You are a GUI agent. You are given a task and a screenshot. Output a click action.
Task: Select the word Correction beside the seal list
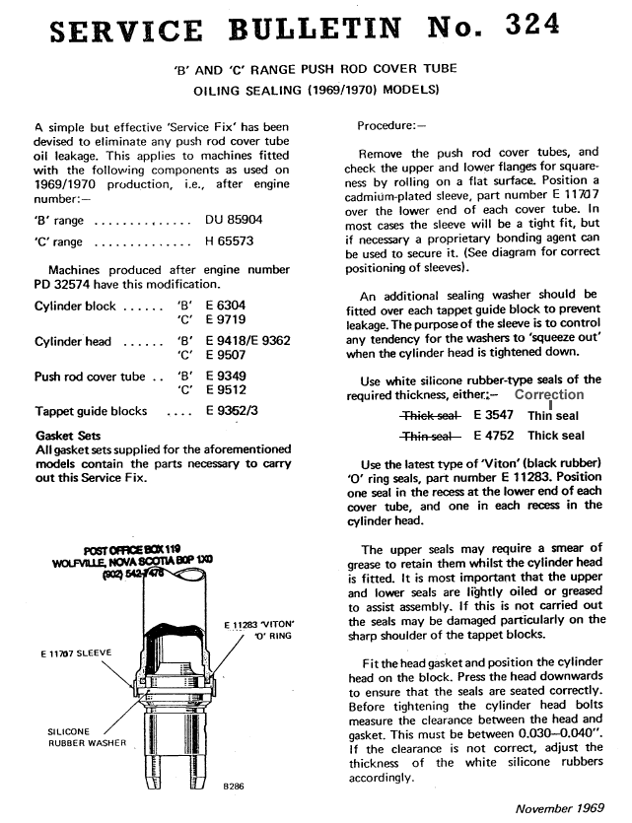(x=549, y=395)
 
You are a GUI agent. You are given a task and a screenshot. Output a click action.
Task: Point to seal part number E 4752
(x=496, y=436)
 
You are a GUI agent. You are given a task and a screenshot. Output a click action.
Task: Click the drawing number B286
(x=235, y=786)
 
